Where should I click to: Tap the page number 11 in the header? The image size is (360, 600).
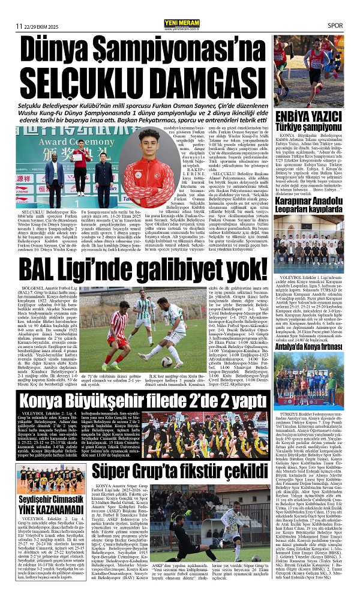[x=19, y=25]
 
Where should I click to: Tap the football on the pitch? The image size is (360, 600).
[x=148, y=361]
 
